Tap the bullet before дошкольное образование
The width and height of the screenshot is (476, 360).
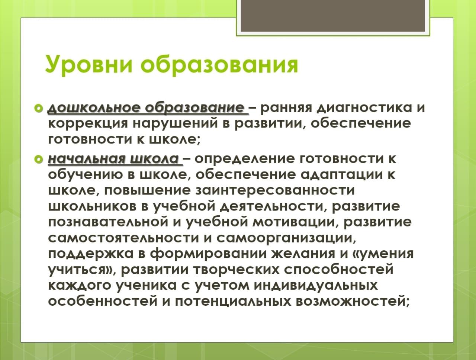pyautogui.click(x=39, y=108)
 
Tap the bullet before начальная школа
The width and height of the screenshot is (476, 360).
pyautogui.click(x=39, y=160)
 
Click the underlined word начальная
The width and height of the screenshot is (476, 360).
pyautogui.click(x=87, y=159)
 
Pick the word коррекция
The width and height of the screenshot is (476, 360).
pyautogui.click(x=88, y=124)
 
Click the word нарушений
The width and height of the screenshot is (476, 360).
pyautogui.click(x=175, y=124)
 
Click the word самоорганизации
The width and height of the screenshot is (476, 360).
pyautogui.click(x=286, y=238)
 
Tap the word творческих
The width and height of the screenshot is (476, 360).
pyautogui.click(x=237, y=270)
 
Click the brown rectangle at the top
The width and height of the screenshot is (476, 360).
pyautogui.click(x=333, y=16)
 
